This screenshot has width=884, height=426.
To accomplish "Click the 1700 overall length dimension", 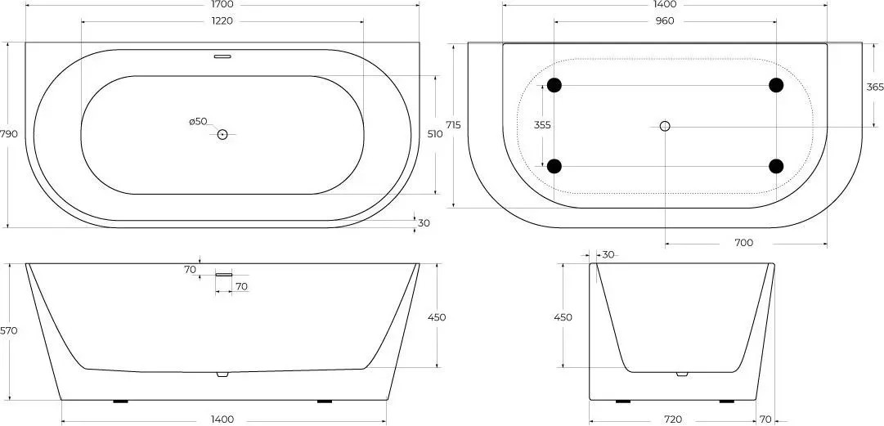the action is coord(222,5).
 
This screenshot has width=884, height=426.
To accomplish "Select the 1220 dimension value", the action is coord(222,21).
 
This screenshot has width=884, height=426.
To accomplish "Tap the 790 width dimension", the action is coord(9,134).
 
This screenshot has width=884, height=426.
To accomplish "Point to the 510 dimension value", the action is coord(435,134).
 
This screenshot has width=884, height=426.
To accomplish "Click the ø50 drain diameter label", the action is coord(198,121).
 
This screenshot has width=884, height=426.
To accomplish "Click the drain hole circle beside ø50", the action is coord(222,134).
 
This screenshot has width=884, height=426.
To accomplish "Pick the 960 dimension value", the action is coord(666,21).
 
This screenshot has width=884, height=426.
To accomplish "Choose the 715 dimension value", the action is coord(453,125).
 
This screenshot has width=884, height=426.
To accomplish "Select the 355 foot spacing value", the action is coord(542,125).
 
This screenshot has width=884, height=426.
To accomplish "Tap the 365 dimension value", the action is coord(875,87).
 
